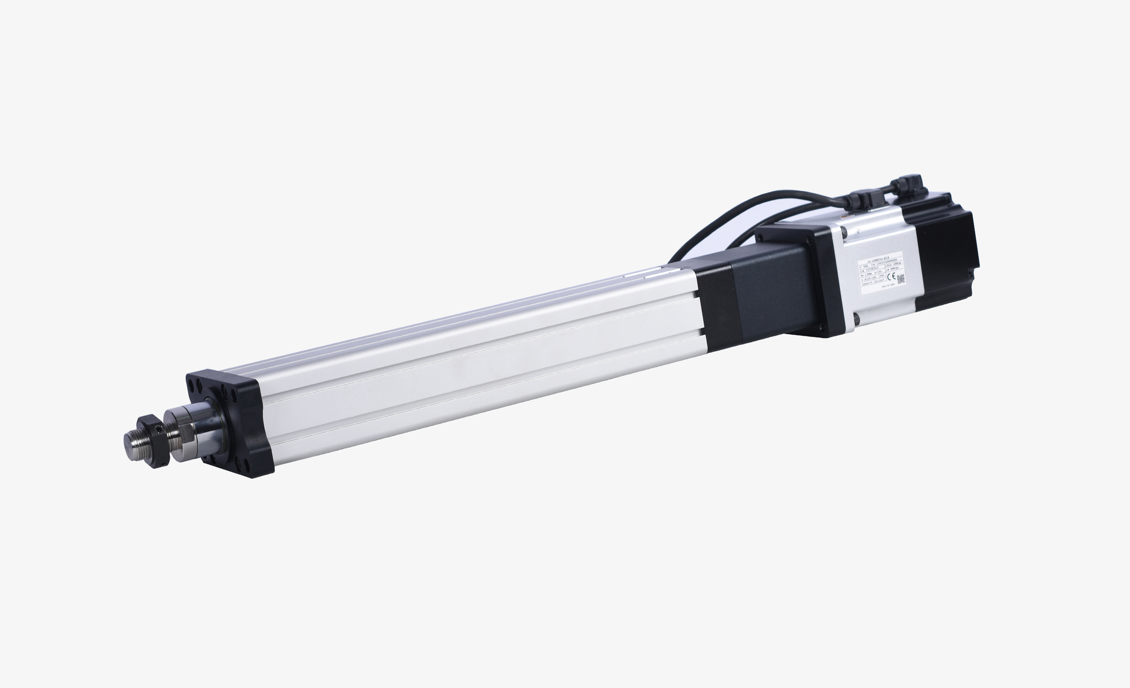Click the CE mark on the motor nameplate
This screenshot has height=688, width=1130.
tap(891, 277)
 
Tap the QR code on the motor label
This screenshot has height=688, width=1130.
tap(901, 279)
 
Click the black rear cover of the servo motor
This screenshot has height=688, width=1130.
tap(945, 257)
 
